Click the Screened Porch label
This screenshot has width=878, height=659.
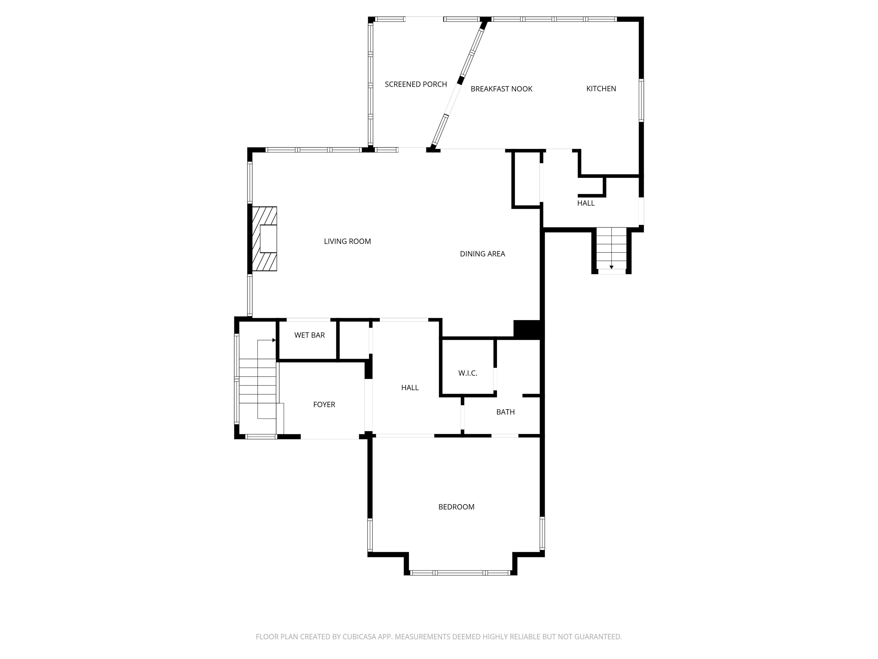pyautogui.click(x=416, y=84)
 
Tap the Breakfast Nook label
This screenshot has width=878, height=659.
pyautogui.click(x=501, y=89)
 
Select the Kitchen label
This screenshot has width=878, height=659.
pyautogui.click(x=601, y=89)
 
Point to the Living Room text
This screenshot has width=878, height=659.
pyautogui.click(x=347, y=241)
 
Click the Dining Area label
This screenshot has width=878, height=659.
pyautogui.click(x=482, y=254)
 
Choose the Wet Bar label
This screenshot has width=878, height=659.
pyautogui.click(x=309, y=335)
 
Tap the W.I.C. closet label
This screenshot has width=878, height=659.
pyautogui.click(x=468, y=373)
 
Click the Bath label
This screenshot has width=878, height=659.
pyautogui.click(x=505, y=412)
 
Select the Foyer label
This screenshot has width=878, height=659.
pyautogui.click(x=324, y=404)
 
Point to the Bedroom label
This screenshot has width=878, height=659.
pyautogui.click(x=456, y=507)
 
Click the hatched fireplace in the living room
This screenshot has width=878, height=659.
pyautogui.click(x=265, y=239)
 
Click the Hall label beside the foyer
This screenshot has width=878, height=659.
pyautogui.click(x=410, y=388)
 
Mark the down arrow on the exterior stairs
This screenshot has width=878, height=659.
pyautogui.click(x=611, y=267)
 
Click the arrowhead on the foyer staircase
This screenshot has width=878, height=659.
pyautogui.click(x=274, y=340)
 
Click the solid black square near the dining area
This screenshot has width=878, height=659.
pyautogui.click(x=527, y=329)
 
